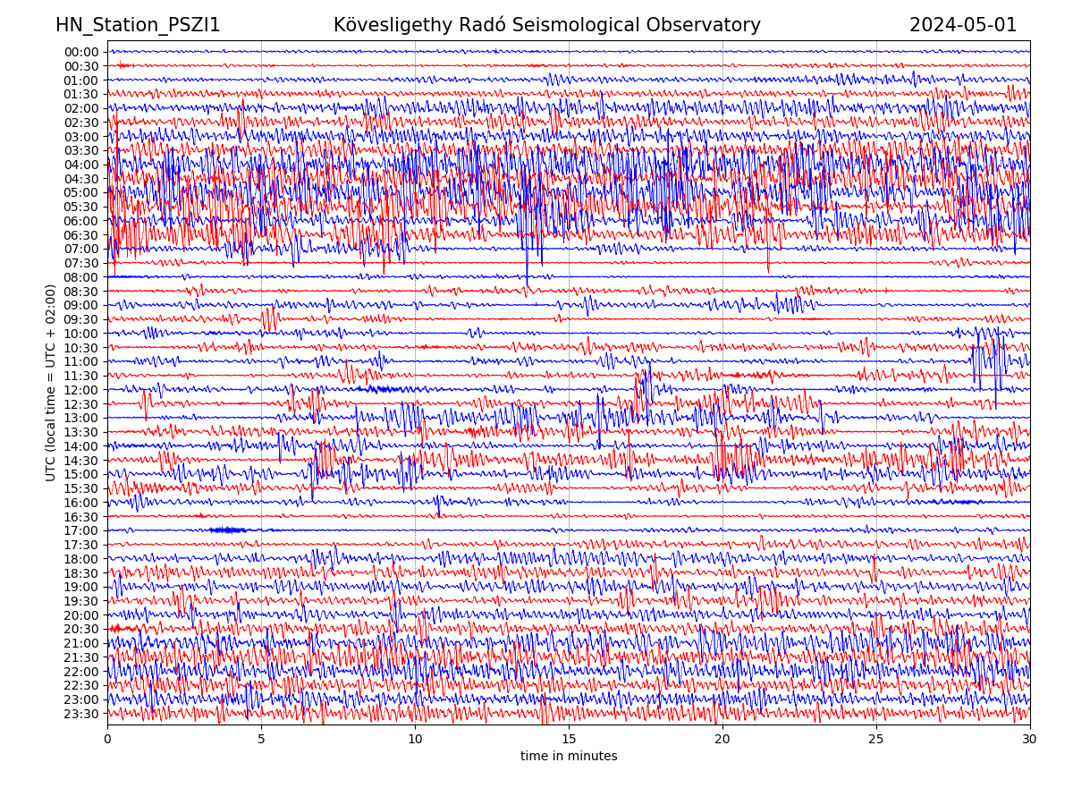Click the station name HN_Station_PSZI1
pyautogui.click(x=138, y=25)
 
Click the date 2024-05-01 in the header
pyautogui.click(x=963, y=25)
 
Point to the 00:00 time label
pyautogui.click(x=80, y=52)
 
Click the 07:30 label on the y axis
pyautogui.click(x=80, y=263)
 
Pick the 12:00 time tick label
pyautogui.click(x=80, y=390)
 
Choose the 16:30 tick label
pyautogui.click(x=80, y=517)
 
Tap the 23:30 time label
pyautogui.click(x=80, y=714)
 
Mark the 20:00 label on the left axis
pyautogui.click(x=80, y=615)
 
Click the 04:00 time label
pyautogui.click(x=80, y=165)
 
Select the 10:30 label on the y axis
pyautogui.click(x=80, y=348)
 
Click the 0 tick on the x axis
pyautogui.click(x=107, y=740)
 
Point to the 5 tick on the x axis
pyautogui.click(x=261, y=740)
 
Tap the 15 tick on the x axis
pyautogui.click(x=569, y=740)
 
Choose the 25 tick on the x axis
pyautogui.click(x=876, y=740)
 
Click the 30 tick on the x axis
pyautogui.click(x=1030, y=740)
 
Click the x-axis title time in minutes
pyautogui.click(x=569, y=757)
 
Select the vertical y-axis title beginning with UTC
pyautogui.click(x=51, y=383)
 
